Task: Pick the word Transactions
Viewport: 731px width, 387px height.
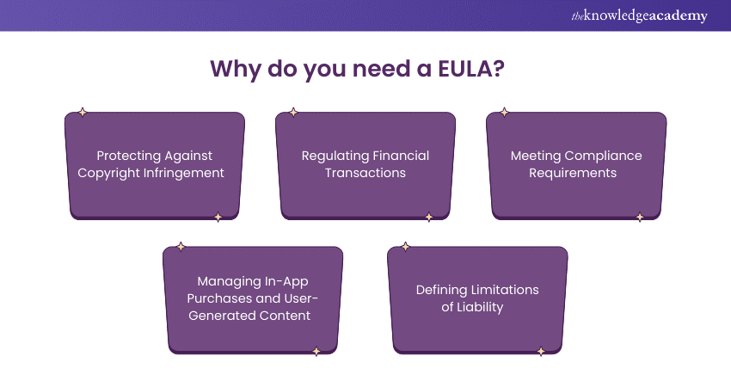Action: point(365,172)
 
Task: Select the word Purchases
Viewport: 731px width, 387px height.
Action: point(226,298)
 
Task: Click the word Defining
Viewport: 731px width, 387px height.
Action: point(440,289)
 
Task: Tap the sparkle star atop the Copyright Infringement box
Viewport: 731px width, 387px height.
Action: point(83,112)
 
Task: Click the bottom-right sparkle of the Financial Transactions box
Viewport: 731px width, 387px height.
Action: point(429,218)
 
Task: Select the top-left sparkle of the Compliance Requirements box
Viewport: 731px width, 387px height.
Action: point(505,112)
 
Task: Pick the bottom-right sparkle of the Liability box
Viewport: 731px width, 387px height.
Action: point(541,351)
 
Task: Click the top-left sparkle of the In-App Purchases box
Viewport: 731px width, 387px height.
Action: point(181,246)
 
